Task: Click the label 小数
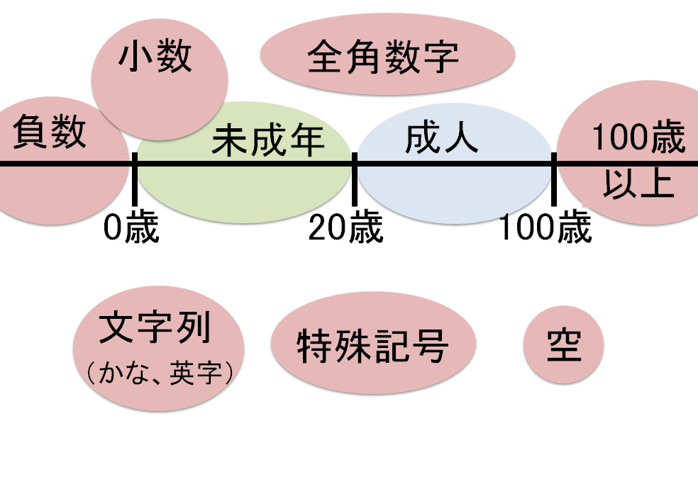click(155, 56)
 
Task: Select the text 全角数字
click(383, 57)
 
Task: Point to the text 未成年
click(268, 141)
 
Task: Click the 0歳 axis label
click(131, 228)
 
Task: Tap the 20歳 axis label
click(345, 228)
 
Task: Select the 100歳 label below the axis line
click(545, 228)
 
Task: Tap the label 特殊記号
click(372, 346)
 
